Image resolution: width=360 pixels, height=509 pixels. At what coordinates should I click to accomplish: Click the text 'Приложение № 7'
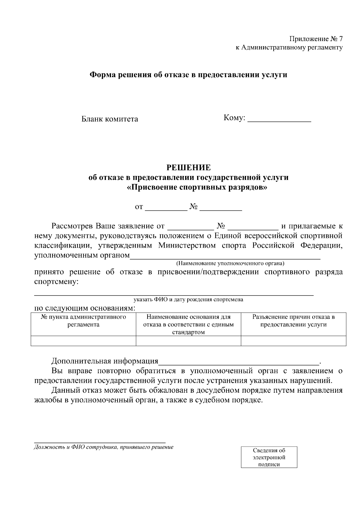(x=316, y=39)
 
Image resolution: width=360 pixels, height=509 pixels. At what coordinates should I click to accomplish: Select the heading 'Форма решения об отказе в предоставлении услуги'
(x=189, y=75)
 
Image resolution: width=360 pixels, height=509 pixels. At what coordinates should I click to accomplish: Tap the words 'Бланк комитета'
(x=110, y=119)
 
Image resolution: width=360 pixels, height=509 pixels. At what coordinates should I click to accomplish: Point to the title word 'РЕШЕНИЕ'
(x=189, y=168)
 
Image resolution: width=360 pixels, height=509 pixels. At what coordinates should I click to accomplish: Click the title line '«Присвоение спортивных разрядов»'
(x=197, y=188)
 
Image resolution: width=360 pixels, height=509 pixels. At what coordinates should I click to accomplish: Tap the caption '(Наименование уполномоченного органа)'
(x=230, y=263)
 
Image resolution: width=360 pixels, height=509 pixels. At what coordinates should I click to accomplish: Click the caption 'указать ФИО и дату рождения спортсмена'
(x=188, y=299)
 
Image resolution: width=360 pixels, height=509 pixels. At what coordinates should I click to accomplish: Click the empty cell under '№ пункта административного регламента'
(x=83, y=341)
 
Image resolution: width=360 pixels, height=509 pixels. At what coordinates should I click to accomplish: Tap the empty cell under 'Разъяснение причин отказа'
(x=293, y=341)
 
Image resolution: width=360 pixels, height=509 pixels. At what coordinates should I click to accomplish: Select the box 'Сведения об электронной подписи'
(x=269, y=457)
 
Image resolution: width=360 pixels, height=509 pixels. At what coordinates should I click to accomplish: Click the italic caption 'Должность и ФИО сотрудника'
(x=104, y=447)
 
